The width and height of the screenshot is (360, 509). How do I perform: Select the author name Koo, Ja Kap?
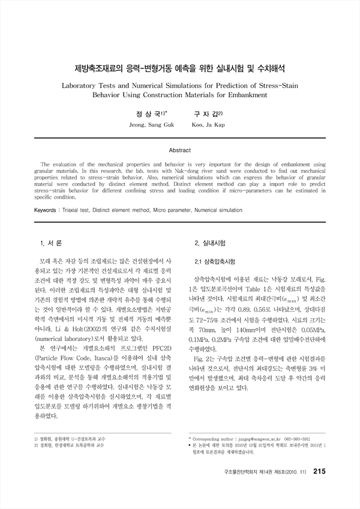pyautogui.click(x=208, y=125)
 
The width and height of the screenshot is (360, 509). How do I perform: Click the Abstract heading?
pyautogui.click(x=180, y=150)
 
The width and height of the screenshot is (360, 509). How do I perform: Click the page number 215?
pyautogui.click(x=319, y=488)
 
